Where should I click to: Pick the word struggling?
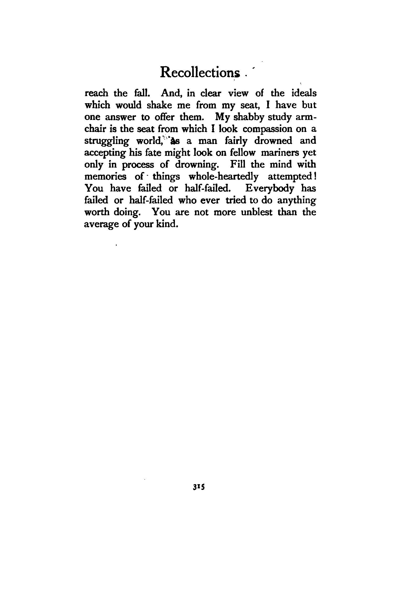point(106,142)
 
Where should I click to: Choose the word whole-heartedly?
point(224,177)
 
